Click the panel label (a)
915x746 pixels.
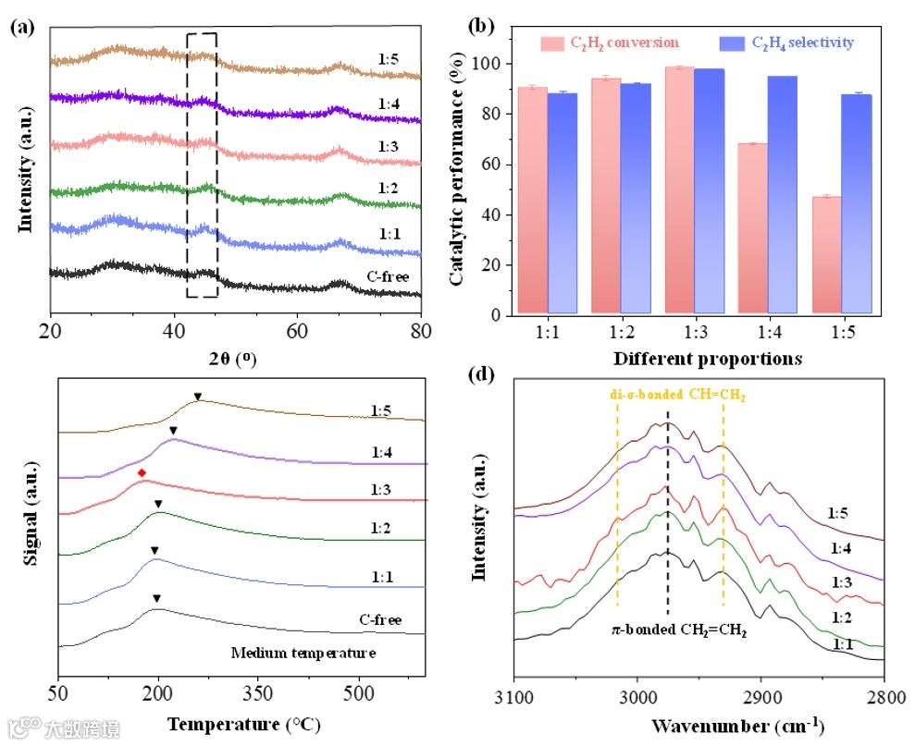[22, 27]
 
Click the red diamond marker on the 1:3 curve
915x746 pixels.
[142, 473]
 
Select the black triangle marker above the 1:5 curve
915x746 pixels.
[197, 397]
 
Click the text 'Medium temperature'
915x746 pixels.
[303, 654]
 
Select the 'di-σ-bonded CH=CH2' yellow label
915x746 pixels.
[677, 395]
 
